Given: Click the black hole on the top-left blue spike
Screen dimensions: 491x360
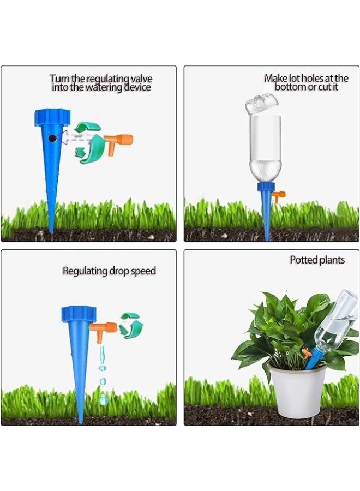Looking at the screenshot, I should coord(52,139).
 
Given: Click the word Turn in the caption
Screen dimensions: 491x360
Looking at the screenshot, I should coord(60,79).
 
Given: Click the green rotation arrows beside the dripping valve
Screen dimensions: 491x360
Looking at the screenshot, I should coord(131,326).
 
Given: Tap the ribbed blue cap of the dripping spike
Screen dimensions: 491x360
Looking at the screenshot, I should coord(79,314).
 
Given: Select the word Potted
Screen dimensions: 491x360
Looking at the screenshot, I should coord(303,260).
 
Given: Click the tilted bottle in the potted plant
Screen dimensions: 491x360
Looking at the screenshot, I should coord(336,322).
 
